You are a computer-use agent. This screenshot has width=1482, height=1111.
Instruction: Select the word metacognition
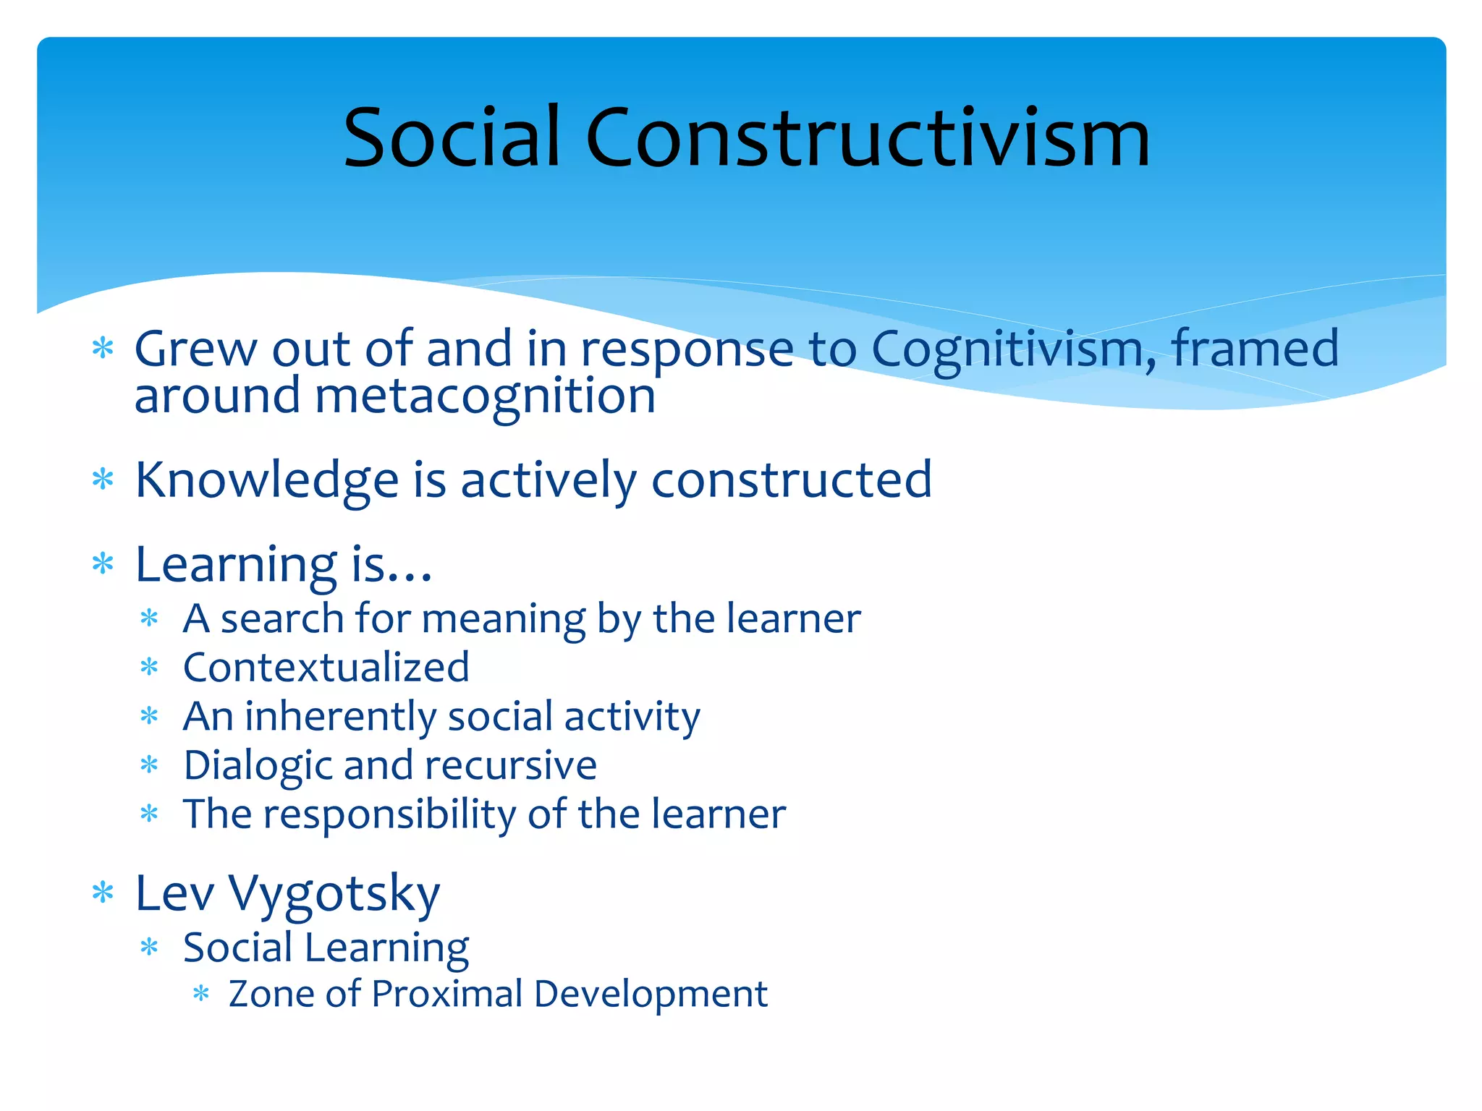click(485, 397)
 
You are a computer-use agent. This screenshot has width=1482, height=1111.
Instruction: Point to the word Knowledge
click(267, 480)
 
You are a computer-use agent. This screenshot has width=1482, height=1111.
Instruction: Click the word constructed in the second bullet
click(792, 480)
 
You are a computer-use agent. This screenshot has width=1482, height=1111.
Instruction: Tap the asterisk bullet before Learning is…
click(103, 563)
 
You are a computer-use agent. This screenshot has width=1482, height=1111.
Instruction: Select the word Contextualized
click(326, 667)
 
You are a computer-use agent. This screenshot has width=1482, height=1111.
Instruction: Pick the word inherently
click(340, 717)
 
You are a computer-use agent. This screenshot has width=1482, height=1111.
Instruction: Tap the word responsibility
click(389, 814)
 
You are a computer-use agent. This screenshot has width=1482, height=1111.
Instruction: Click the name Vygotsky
click(334, 894)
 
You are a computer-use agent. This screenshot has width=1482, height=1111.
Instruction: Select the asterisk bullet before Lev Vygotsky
click(103, 893)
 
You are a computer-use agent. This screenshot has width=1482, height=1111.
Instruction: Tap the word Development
click(651, 995)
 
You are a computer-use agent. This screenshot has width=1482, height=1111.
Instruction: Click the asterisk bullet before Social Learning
click(149, 948)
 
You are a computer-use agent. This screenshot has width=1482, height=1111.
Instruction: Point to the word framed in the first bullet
click(1255, 349)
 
